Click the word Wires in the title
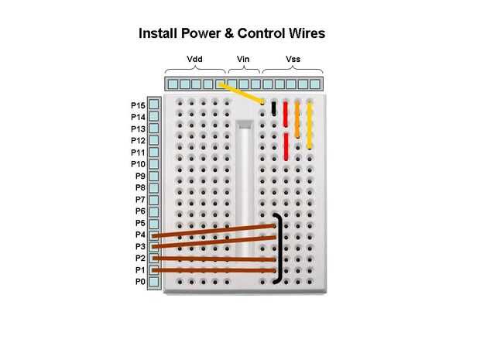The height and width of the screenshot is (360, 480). [x=304, y=34]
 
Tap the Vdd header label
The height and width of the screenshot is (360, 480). [x=195, y=60]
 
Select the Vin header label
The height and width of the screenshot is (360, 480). [x=243, y=60]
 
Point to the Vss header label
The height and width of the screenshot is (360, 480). [x=293, y=60]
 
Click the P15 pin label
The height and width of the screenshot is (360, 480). [x=138, y=105]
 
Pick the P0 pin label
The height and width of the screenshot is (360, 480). [x=139, y=282]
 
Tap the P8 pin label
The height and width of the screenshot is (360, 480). [x=139, y=188]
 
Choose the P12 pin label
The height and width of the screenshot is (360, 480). [x=138, y=141]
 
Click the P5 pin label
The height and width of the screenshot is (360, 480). [x=139, y=223]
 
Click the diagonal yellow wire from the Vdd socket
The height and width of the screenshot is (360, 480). [x=242, y=92]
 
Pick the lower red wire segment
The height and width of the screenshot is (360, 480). [x=286, y=146]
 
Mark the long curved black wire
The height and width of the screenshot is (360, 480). [x=279, y=246]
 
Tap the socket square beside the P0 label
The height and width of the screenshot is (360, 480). [x=154, y=282]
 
